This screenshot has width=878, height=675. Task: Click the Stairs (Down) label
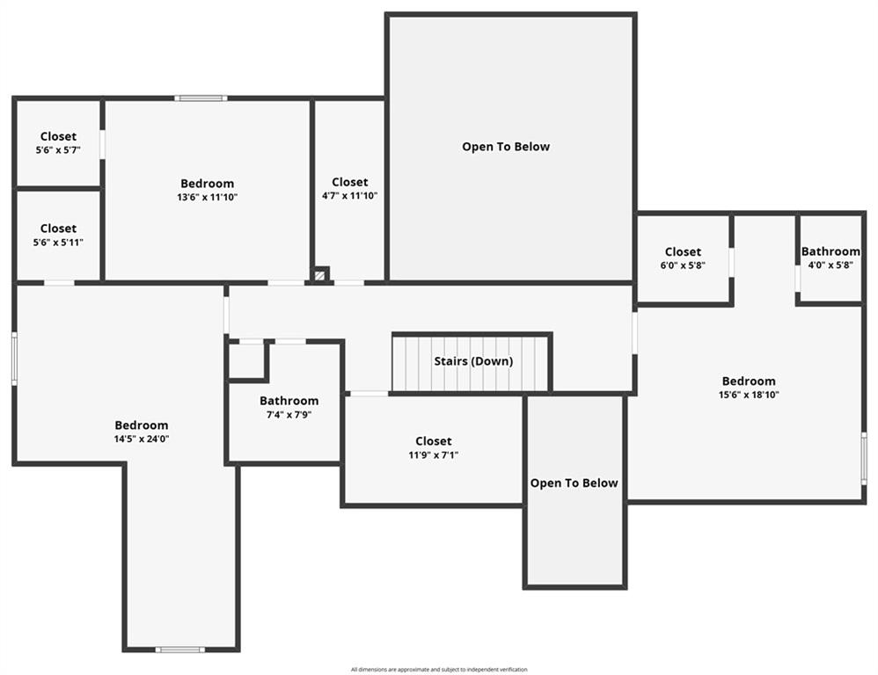(x=473, y=361)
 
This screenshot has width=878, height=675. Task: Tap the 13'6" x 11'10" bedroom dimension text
(x=207, y=197)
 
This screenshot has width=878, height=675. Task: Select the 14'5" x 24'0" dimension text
(x=141, y=439)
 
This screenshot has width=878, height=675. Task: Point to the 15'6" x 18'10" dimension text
(x=749, y=395)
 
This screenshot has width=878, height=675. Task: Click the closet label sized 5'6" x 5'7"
(x=58, y=136)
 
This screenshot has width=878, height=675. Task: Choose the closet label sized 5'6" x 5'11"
(x=58, y=229)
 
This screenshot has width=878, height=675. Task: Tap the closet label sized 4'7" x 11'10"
(x=349, y=182)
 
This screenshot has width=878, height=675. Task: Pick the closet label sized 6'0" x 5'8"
(x=683, y=251)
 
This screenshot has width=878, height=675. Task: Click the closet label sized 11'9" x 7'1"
(x=434, y=441)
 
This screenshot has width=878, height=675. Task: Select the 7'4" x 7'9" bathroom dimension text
(x=289, y=415)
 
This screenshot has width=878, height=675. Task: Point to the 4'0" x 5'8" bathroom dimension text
(x=830, y=265)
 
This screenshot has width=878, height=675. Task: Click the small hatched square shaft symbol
(x=320, y=275)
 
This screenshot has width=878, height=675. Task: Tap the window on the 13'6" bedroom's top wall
(x=201, y=98)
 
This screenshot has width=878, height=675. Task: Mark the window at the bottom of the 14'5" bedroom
(x=180, y=650)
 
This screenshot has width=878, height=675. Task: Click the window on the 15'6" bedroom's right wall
(x=864, y=459)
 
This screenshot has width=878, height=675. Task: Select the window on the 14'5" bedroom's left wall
(x=15, y=358)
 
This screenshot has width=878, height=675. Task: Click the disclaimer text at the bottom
(x=439, y=670)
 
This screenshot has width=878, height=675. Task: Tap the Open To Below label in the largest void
(x=506, y=147)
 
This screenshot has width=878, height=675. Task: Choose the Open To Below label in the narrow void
(x=574, y=483)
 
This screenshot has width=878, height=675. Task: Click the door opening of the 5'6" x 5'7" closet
(x=102, y=145)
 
